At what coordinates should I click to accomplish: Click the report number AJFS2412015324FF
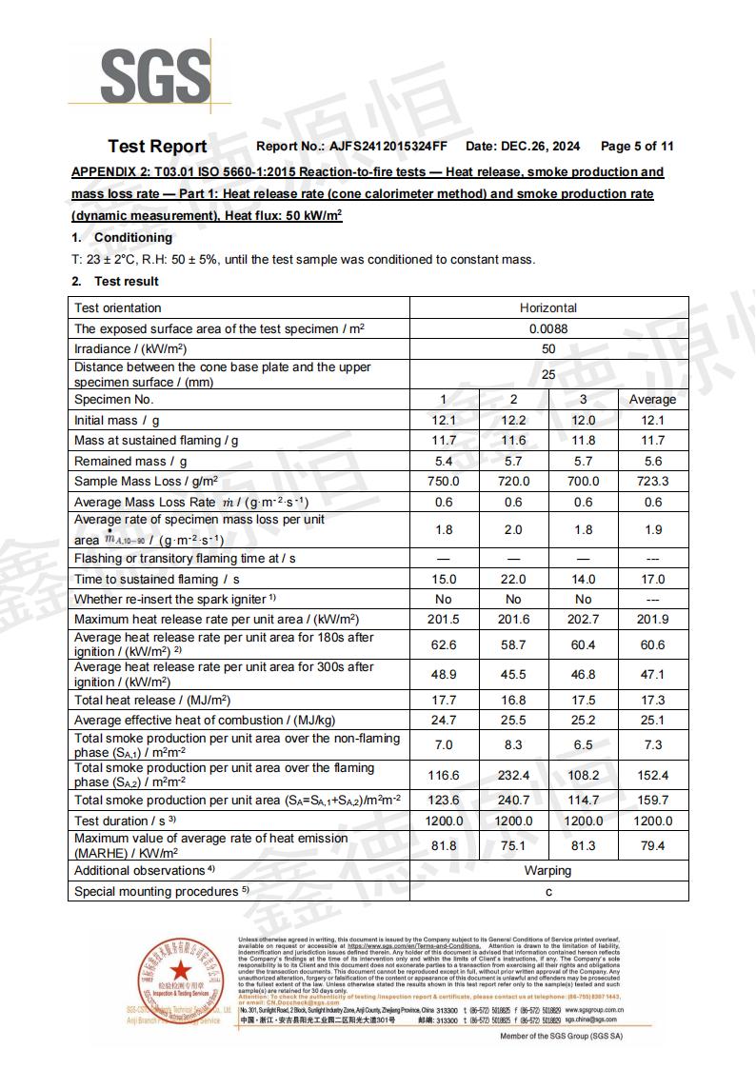(x=388, y=147)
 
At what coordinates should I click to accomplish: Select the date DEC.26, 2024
(x=541, y=147)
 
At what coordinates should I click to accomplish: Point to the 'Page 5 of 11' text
(x=637, y=147)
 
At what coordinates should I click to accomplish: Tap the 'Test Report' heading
(x=157, y=147)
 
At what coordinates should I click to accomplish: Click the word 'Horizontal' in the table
(x=548, y=307)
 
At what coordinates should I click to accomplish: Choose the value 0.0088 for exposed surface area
(x=548, y=328)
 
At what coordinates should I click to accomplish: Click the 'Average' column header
(x=652, y=399)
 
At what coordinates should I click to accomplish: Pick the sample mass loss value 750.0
(x=444, y=482)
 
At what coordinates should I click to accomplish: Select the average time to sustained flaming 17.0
(x=652, y=579)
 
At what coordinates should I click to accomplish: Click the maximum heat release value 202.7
(x=583, y=620)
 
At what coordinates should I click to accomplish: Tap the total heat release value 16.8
(x=513, y=700)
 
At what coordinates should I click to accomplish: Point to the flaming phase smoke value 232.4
(x=513, y=776)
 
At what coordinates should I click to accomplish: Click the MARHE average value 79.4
(x=652, y=845)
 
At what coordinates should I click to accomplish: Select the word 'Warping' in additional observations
(x=548, y=870)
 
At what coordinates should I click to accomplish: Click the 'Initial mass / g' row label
(x=117, y=420)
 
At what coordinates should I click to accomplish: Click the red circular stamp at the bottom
(x=180, y=978)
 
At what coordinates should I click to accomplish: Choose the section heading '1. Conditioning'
(x=122, y=237)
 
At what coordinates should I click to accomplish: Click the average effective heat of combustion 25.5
(x=513, y=721)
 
